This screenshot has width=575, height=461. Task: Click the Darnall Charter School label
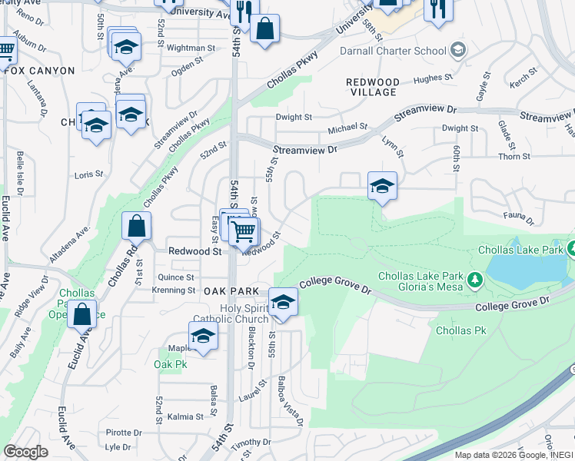point(393,51)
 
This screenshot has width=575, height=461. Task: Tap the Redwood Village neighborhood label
point(372,87)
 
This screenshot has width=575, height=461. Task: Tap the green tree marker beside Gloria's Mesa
point(476,278)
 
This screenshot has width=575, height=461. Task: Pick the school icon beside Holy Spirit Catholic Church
point(283,302)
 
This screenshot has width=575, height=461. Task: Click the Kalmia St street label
point(185,416)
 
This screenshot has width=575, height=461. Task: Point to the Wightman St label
point(184,48)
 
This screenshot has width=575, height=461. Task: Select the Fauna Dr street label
point(519,219)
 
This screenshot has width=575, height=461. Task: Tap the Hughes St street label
point(429,78)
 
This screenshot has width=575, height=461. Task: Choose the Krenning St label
point(174,290)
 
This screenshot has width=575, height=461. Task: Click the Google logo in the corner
point(25,452)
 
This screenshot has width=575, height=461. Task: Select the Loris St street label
point(89,174)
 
